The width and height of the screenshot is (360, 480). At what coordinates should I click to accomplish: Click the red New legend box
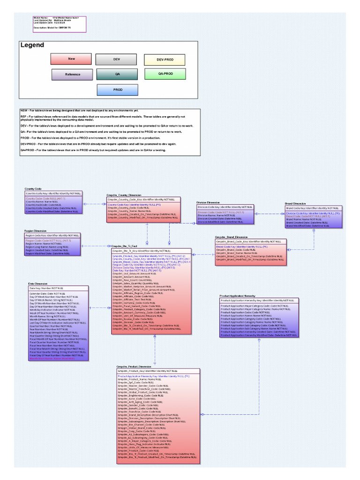[x=71, y=59]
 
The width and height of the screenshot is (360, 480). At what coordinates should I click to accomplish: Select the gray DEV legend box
[x=117, y=60]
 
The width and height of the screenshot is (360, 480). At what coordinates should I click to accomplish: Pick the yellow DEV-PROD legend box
[x=164, y=60]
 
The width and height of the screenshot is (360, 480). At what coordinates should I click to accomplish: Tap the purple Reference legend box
[x=72, y=75]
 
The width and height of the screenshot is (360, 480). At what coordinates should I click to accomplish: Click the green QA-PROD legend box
[x=165, y=74]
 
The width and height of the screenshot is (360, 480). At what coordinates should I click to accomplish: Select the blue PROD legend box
[x=118, y=90]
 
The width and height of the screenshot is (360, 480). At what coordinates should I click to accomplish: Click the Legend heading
[x=32, y=45]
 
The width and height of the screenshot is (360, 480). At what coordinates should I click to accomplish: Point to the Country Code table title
[x=33, y=188]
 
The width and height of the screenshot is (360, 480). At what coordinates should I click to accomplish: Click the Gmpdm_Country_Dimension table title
[x=124, y=195]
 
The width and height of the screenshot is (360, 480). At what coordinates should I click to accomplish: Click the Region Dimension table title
[x=35, y=231]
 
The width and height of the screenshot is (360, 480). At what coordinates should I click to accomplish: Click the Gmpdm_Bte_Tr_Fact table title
[x=124, y=246]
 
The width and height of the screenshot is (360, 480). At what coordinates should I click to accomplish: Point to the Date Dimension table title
[x=38, y=284]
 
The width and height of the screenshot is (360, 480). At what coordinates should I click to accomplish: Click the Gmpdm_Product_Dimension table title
[x=134, y=366]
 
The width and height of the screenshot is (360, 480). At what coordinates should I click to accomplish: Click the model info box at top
[x=59, y=24]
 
